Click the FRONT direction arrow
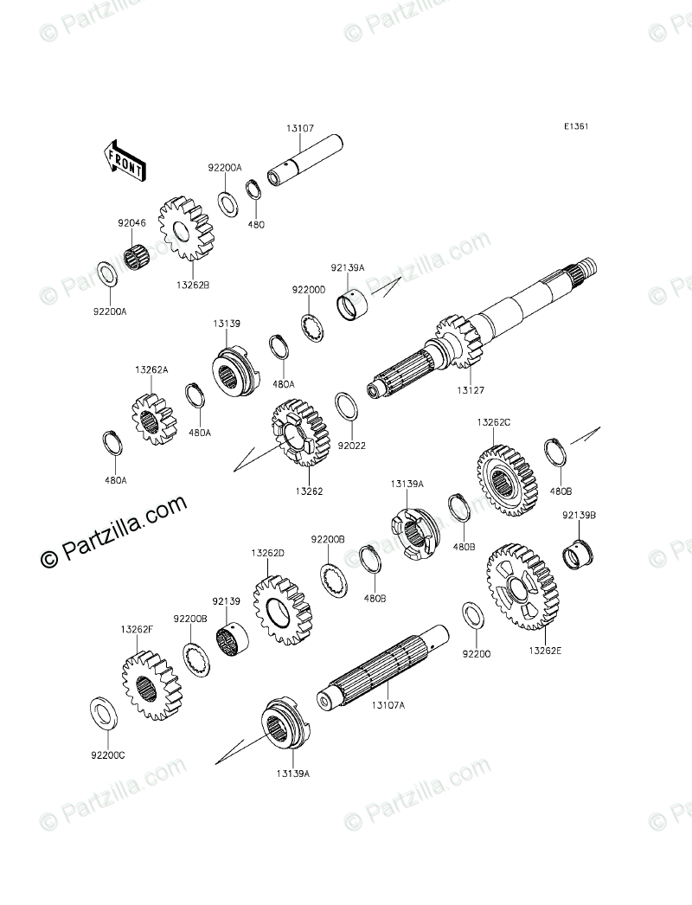click(x=124, y=160)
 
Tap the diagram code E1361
click(x=576, y=126)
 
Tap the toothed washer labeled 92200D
click(x=312, y=328)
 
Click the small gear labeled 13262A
click(x=153, y=420)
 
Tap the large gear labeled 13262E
click(x=522, y=587)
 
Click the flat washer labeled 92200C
click(x=105, y=715)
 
